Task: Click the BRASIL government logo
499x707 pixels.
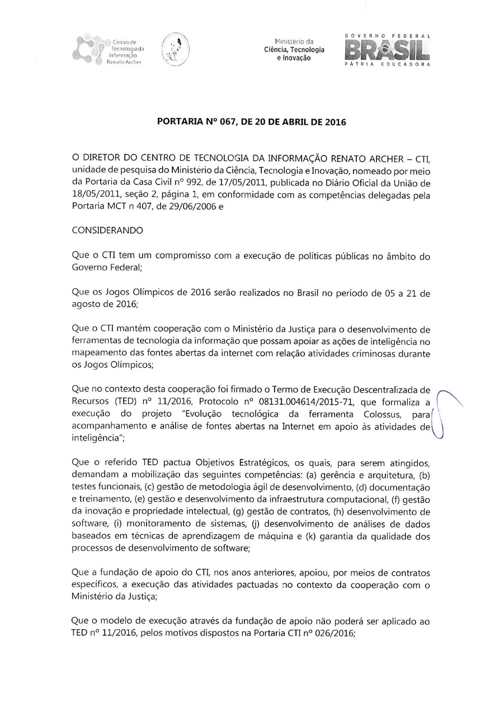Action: (388, 51)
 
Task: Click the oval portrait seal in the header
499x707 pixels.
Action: (175, 50)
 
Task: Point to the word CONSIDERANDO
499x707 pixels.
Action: (107, 230)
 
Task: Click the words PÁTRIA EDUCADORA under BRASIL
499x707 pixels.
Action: (388, 65)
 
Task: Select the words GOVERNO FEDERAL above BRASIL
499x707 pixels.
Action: (388, 36)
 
